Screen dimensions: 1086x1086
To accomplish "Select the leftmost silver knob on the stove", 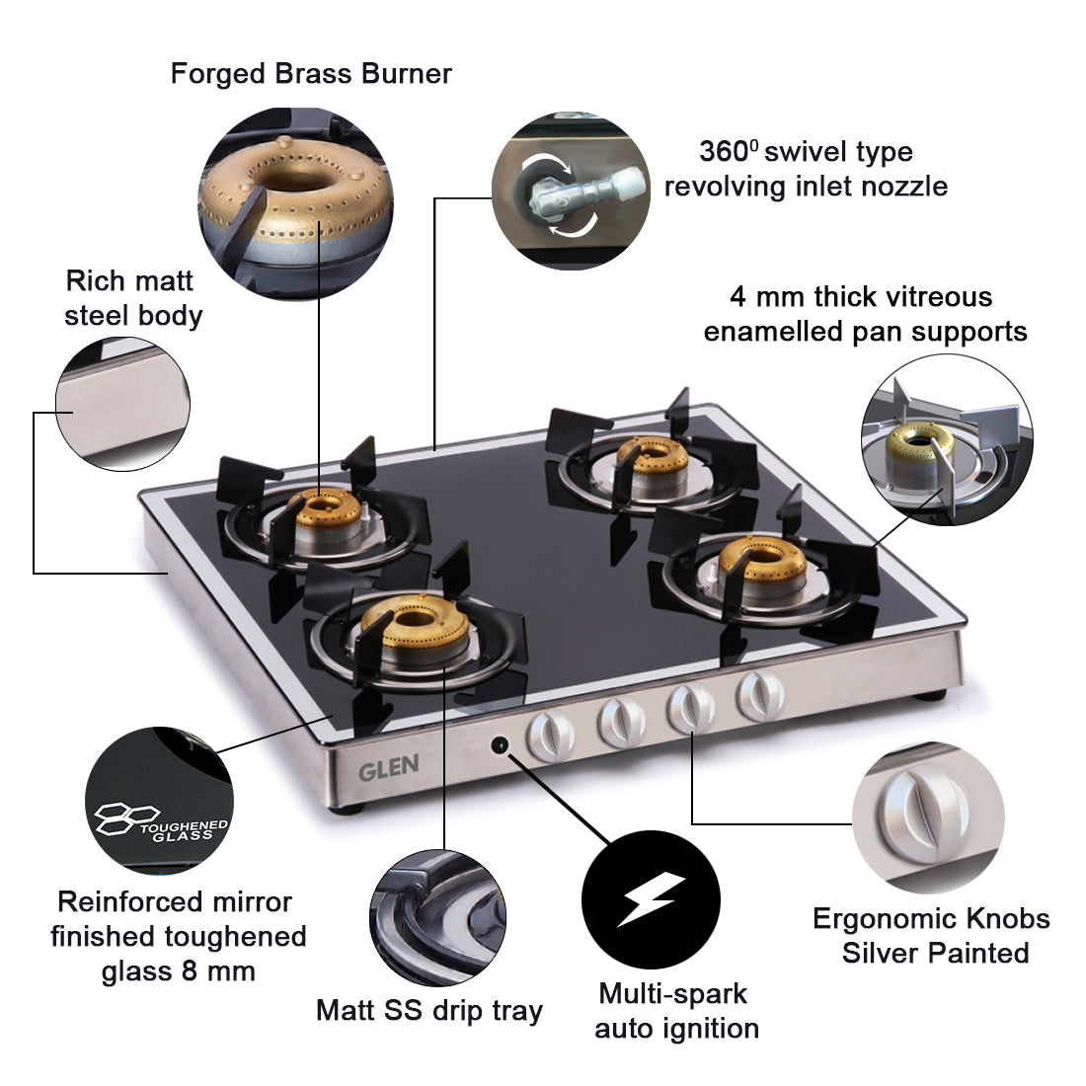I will tap(549, 736).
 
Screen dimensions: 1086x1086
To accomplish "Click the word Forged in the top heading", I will tap(218, 74).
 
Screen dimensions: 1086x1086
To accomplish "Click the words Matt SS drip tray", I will tap(428, 1010).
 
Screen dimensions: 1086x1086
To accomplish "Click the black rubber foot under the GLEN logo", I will tap(345, 812).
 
